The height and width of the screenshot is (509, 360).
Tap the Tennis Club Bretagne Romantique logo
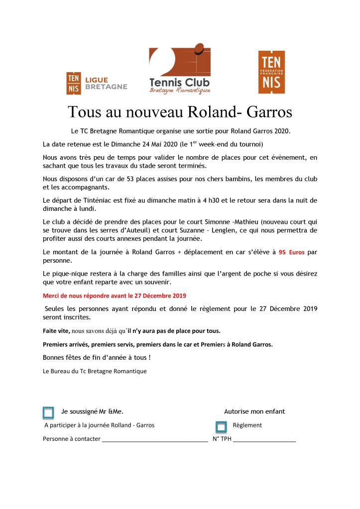(180, 71)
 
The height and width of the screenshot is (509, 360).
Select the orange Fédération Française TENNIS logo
(271, 72)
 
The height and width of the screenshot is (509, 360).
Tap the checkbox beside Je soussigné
(48, 412)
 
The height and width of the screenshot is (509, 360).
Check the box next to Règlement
(221, 427)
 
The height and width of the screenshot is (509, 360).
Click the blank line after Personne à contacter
(154, 440)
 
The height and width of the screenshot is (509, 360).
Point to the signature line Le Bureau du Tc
(95, 371)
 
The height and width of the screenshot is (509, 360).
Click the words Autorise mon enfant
(254, 411)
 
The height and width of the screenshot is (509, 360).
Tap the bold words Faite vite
(56, 331)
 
